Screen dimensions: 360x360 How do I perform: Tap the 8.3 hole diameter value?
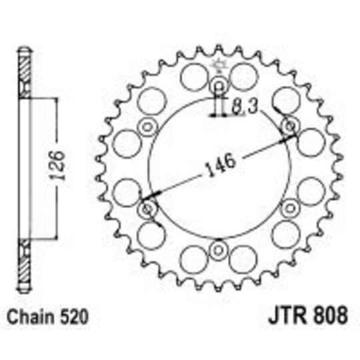tap(245, 107)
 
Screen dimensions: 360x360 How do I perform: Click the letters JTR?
tap(287, 316)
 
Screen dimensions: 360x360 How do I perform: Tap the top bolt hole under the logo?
tap(219, 86)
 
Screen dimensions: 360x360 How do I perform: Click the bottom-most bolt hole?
tap(219, 250)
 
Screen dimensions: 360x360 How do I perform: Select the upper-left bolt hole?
tap(147, 127)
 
